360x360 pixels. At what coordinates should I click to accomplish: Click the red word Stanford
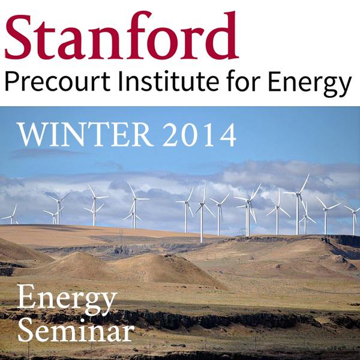coord(122,35)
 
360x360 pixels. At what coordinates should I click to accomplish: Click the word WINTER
coord(85,135)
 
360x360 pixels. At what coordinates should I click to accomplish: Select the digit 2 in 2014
coord(172,135)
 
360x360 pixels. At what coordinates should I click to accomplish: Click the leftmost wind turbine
coord(11,215)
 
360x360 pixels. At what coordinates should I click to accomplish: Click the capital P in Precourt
coord(11,82)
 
